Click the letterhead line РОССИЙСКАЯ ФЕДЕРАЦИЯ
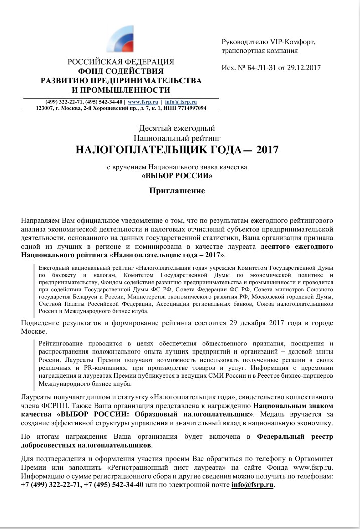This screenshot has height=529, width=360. [121, 62]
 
